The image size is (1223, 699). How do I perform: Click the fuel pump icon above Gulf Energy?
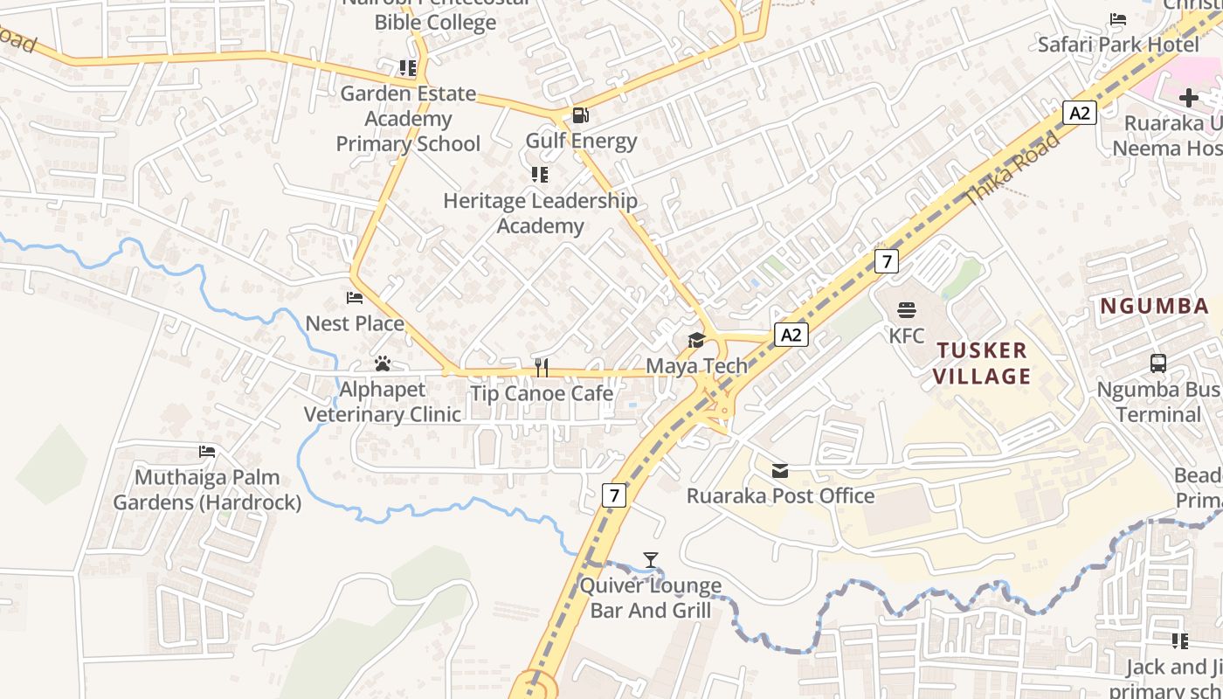click(x=579, y=115)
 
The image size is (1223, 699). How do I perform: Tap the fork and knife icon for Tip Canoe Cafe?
click(x=542, y=367)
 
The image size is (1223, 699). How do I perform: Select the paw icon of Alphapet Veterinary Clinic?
click(x=382, y=363)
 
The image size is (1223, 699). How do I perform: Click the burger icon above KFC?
click(x=907, y=310)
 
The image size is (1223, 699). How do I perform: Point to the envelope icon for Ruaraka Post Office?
click(x=780, y=471)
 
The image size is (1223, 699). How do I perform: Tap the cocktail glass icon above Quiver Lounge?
click(x=651, y=560)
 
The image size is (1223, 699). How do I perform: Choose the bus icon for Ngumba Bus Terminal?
click(x=1158, y=363)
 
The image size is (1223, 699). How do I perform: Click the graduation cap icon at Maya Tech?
click(x=696, y=340)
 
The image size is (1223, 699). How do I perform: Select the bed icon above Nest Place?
click(x=355, y=298)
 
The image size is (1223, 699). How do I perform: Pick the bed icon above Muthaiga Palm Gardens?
click(x=207, y=452)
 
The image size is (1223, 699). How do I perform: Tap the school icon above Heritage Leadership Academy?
click(x=540, y=175)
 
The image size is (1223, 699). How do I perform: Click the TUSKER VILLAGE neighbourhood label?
click(x=983, y=363)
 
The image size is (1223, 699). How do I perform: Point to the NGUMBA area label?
click(x=1154, y=307)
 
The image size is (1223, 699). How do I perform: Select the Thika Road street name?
click(x=1013, y=170)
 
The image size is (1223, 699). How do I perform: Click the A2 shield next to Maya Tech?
click(x=791, y=335)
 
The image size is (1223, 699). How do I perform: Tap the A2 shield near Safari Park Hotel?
click(x=1080, y=113)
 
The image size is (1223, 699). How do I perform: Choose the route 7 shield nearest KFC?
click(x=886, y=260)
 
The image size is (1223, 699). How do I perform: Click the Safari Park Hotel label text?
click(x=1118, y=44)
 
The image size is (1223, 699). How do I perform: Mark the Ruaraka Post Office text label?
click(x=780, y=496)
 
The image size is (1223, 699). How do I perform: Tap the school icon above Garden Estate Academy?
click(x=407, y=68)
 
